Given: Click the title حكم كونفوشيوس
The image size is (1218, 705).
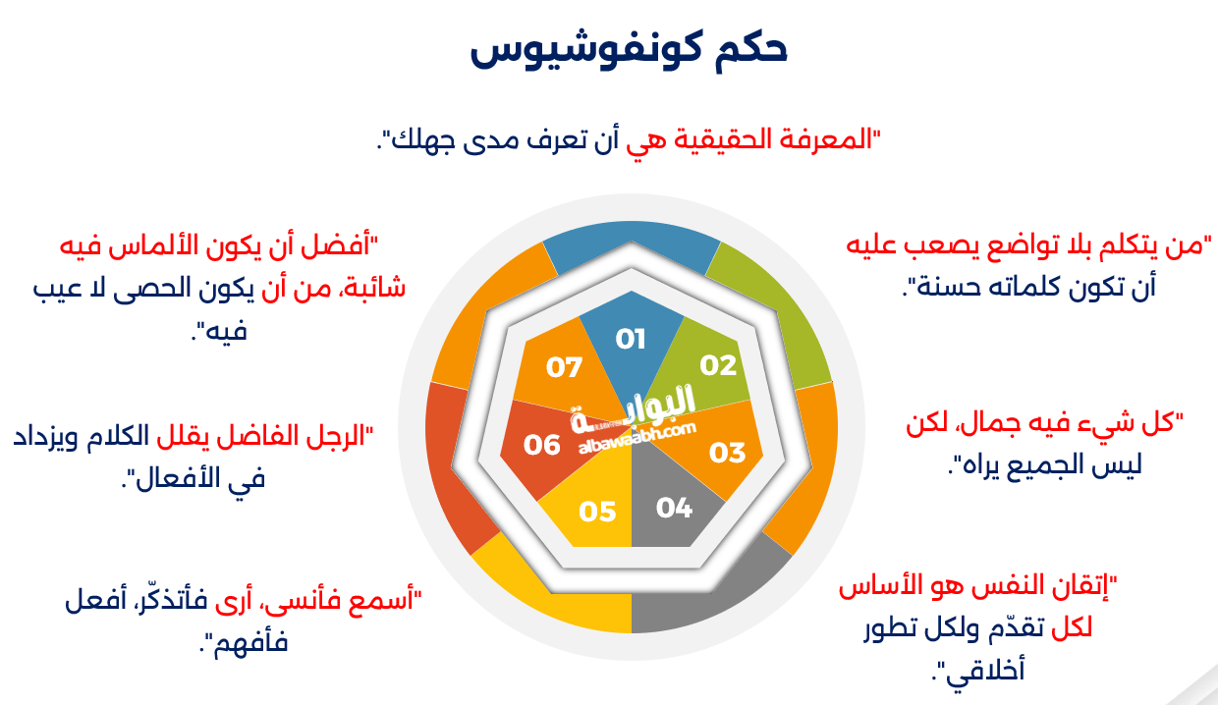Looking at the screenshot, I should coord(629,51).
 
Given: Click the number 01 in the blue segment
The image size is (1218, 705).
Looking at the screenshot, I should coord(631,340).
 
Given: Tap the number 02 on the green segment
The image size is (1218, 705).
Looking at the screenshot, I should coord(718,365).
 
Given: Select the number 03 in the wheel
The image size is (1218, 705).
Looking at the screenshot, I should coord(728,453).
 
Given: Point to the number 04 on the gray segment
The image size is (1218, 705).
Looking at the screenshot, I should coord(675,508).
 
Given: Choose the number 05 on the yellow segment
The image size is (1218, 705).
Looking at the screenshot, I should coord(597,512).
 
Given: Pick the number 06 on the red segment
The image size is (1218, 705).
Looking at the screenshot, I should coord(541,445).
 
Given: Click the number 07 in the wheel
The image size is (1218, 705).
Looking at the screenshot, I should coord(565,368).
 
